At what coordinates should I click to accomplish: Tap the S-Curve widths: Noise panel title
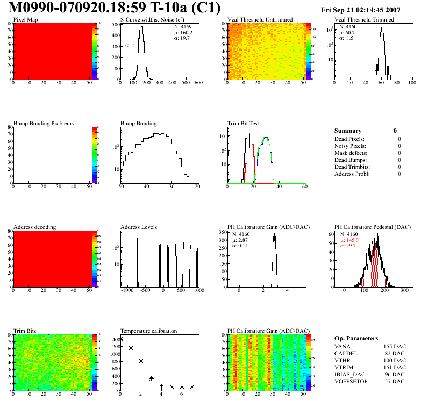pyautogui.click(x=152, y=20)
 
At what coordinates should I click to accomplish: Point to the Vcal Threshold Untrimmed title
pyautogui.click(x=260, y=20)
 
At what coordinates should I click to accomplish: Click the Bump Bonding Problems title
pyautogui.click(x=44, y=124)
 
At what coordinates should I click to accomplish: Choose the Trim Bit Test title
pyautogui.click(x=244, y=124)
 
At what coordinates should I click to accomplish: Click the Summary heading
pyautogui.click(x=348, y=131)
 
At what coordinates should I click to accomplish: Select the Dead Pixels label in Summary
pyautogui.click(x=350, y=139)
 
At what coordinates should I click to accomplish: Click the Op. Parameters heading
pyautogui.click(x=356, y=338)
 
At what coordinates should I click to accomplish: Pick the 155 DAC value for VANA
pyautogui.click(x=394, y=347)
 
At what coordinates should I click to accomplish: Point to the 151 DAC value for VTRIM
pyautogui.click(x=394, y=368)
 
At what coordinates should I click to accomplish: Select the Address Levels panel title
pyautogui.click(x=139, y=227)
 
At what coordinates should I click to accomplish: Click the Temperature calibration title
pyautogui.click(x=149, y=331)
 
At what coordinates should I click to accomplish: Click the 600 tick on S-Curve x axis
pyautogui.click(x=198, y=84)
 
